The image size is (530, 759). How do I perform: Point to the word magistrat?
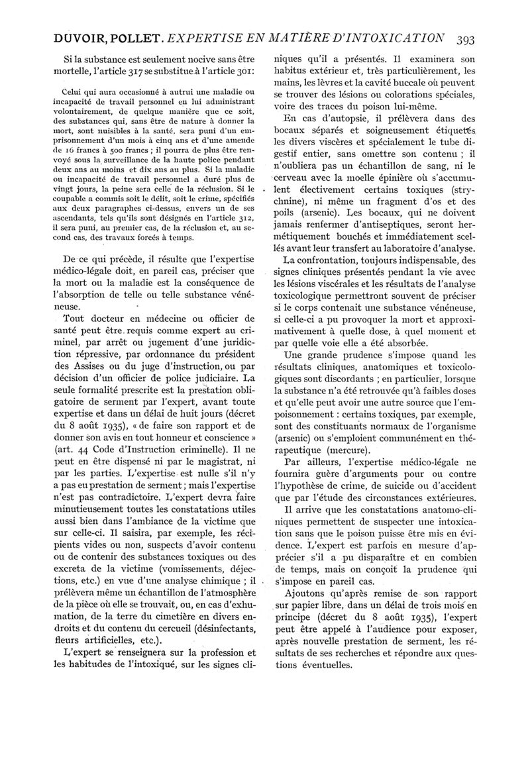[x=211, y=457]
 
